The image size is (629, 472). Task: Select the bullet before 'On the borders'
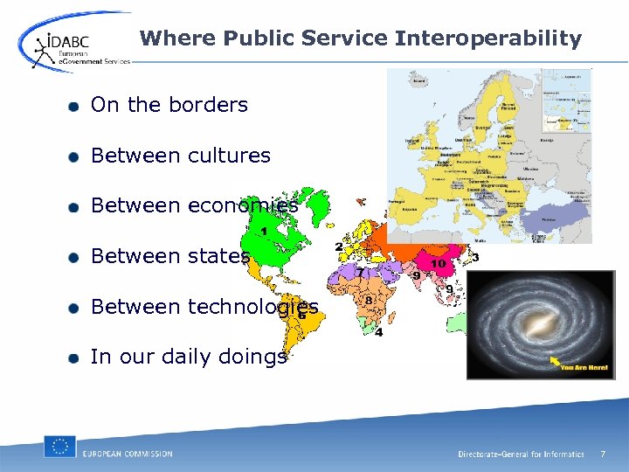(75, 106)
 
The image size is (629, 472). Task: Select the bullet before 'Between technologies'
(75, 307)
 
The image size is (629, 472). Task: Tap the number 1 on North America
(264, 232)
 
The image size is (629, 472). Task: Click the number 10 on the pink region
(438, 263)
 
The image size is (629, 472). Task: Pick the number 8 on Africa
(370, 300)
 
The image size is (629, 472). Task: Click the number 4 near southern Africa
(378, 332)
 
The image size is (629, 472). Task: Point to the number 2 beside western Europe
(339, 247)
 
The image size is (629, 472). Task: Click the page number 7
(601, 454)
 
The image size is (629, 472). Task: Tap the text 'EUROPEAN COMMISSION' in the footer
(128, 454)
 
